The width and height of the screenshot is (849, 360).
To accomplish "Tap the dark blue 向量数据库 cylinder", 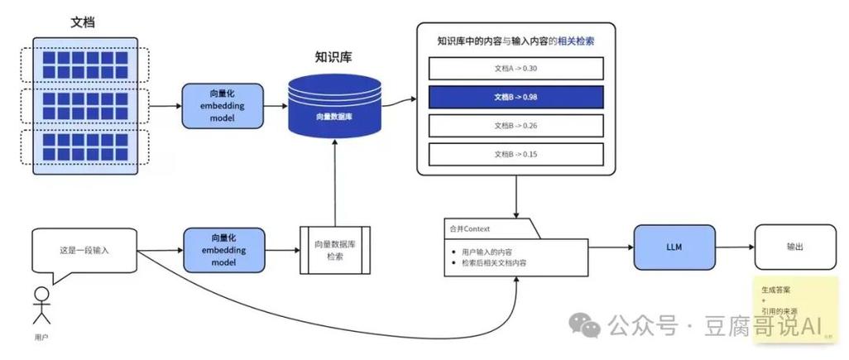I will point(336,106).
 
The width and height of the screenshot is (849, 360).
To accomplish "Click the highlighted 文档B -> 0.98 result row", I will point(516,97).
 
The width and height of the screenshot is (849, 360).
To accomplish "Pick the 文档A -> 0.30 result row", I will point(516,68).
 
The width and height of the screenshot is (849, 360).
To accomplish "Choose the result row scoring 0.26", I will point(516,125).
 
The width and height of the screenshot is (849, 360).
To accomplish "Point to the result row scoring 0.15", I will point(516,154).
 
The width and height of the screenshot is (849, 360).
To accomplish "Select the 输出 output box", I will point(793,246).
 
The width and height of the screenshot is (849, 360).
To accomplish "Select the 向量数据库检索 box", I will point(333,250).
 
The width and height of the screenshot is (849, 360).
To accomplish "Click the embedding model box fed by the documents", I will point(223,106).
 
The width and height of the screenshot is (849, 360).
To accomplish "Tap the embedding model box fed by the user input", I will point(223,250).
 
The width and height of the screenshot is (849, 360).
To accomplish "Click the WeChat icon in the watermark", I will point(588,324).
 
